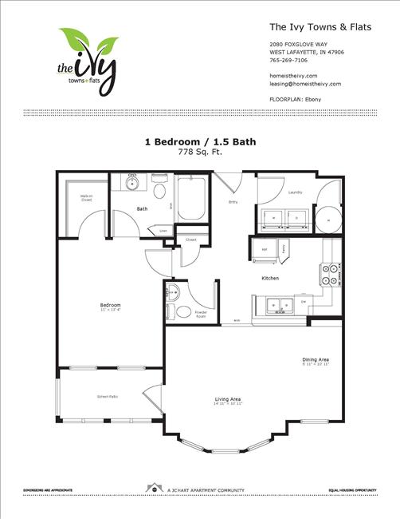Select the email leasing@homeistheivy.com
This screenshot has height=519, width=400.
click(x=305, y=83)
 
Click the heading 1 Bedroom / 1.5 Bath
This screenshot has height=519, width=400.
click(x=199, y=141)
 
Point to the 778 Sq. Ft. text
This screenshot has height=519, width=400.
click(x=199, y=151)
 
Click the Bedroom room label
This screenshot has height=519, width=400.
click(x=110, y=306)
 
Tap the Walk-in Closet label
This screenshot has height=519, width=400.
click(x=86, y=197)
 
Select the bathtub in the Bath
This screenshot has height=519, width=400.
click(x=191, y=200)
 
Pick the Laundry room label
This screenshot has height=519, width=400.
click(x=294, y=192)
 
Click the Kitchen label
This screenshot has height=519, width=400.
click(x=269, y=278)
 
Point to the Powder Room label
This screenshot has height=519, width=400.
click(x=200, y=315)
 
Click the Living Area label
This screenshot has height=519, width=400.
click(x=228, y=399)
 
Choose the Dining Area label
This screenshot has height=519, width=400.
click(x=316, y=360)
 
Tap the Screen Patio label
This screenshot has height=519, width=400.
click(x=108, y=396)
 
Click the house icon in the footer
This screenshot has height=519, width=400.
click(x=151, y=487)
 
